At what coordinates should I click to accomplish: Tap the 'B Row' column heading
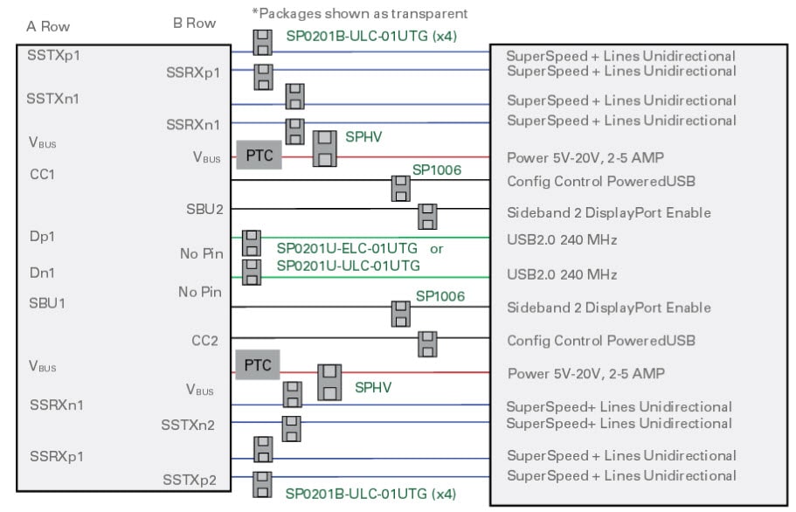pos(195,24)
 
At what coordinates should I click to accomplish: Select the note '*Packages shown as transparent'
pos(359,13)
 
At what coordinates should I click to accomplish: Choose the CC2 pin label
pos(204,340)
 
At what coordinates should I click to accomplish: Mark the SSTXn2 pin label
pos(189,425)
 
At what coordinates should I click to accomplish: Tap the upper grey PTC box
pos(259,156)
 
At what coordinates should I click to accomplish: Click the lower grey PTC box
pos(258,365)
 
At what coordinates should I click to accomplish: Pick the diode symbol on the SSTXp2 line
pos(262,484)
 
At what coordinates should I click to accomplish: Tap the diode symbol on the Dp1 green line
pos(252,242)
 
